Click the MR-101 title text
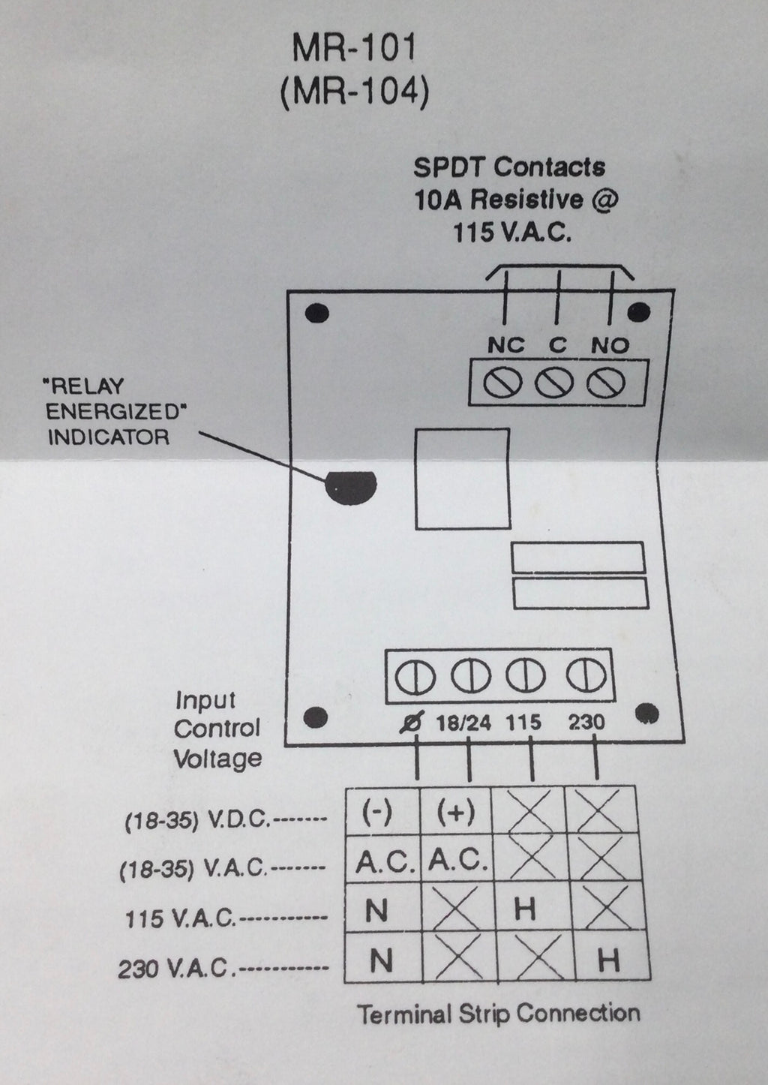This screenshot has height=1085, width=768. [353, 50]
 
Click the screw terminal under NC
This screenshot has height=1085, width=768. [502, 383]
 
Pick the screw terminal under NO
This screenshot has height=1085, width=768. [606, 383]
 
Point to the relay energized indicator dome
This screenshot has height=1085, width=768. [350, 487]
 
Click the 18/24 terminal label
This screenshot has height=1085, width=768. [463, 723]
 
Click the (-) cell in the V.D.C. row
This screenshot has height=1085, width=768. [377, 813]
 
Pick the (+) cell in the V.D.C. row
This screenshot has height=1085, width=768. [455, 813]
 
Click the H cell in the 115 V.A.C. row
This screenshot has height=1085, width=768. [526, 909]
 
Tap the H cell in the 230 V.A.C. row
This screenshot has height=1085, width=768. [608, 959]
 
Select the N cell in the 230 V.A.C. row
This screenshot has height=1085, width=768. [381, 960]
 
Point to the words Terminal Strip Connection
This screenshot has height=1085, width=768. [499, 1014]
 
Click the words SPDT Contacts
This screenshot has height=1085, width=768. [509, 167]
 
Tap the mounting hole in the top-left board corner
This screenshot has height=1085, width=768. [318, 311]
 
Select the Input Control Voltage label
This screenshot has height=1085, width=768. [217, 729]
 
